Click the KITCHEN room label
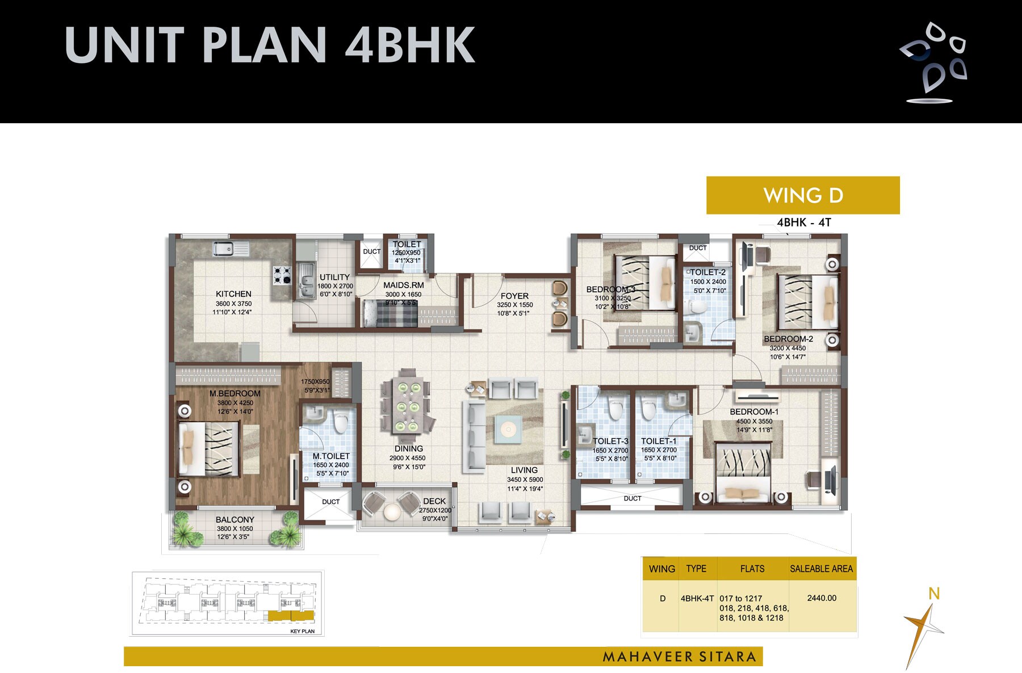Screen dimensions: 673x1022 [233, 294]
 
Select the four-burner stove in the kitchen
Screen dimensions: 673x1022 [282, 275]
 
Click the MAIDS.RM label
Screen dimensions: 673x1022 [403, 285]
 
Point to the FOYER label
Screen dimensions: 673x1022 [514, 296]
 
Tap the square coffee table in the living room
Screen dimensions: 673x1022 [507, 429]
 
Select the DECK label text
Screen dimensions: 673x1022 [434, 501]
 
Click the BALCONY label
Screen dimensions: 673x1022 [234, 520]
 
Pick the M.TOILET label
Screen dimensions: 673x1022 [331, 456]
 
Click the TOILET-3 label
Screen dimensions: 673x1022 [610, 441]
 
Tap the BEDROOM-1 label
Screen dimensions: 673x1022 [754, 412]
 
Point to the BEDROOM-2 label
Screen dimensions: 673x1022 [788, 339]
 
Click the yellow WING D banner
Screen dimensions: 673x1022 [802, 195]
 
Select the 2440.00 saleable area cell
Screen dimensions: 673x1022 [821, 598]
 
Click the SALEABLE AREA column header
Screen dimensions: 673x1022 [821, 569]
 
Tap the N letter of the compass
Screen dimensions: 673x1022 [933, 594]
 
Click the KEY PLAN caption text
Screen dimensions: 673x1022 [302, 631]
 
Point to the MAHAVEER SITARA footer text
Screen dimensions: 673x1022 [679, 657]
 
